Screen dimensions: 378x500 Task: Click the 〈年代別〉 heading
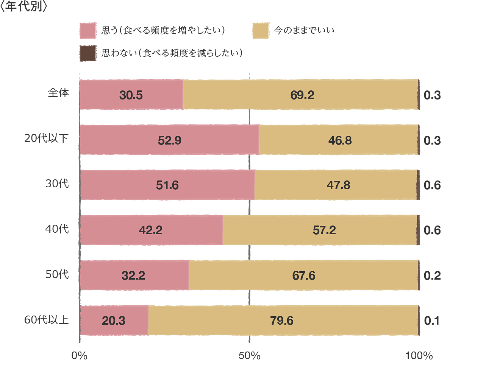(x=23, y=7)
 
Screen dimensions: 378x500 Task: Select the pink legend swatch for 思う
(x=88, y=31)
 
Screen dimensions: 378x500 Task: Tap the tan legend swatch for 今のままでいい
(x=261, y=31)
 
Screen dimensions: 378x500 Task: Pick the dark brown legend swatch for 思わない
(x=88, y=53)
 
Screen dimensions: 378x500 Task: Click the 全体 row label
(x=58, y=93)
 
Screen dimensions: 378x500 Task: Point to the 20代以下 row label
(x=46, y=138)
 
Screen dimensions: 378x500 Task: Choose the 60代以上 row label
(x=46, y=320)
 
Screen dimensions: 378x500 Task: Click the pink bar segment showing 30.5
(x=131, y=95)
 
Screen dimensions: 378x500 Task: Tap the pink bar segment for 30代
(x=167, y=185)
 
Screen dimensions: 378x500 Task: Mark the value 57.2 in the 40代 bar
(x=324, y=230)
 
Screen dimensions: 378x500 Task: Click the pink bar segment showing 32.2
(x=133, y=275)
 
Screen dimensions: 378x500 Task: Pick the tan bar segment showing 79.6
(x=282, y=320)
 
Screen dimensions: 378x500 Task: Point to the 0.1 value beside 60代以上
(x=432, y=321)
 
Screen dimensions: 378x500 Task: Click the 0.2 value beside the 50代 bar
(x=432, y=275)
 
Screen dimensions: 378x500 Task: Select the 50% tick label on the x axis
(x=250, y=356)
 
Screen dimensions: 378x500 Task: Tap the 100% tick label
(x=419, y=356)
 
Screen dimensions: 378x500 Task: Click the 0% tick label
(x=80, y=356)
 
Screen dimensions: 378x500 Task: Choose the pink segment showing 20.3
(x=114, y=320)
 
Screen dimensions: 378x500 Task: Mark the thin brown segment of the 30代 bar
(x=418, y=185)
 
